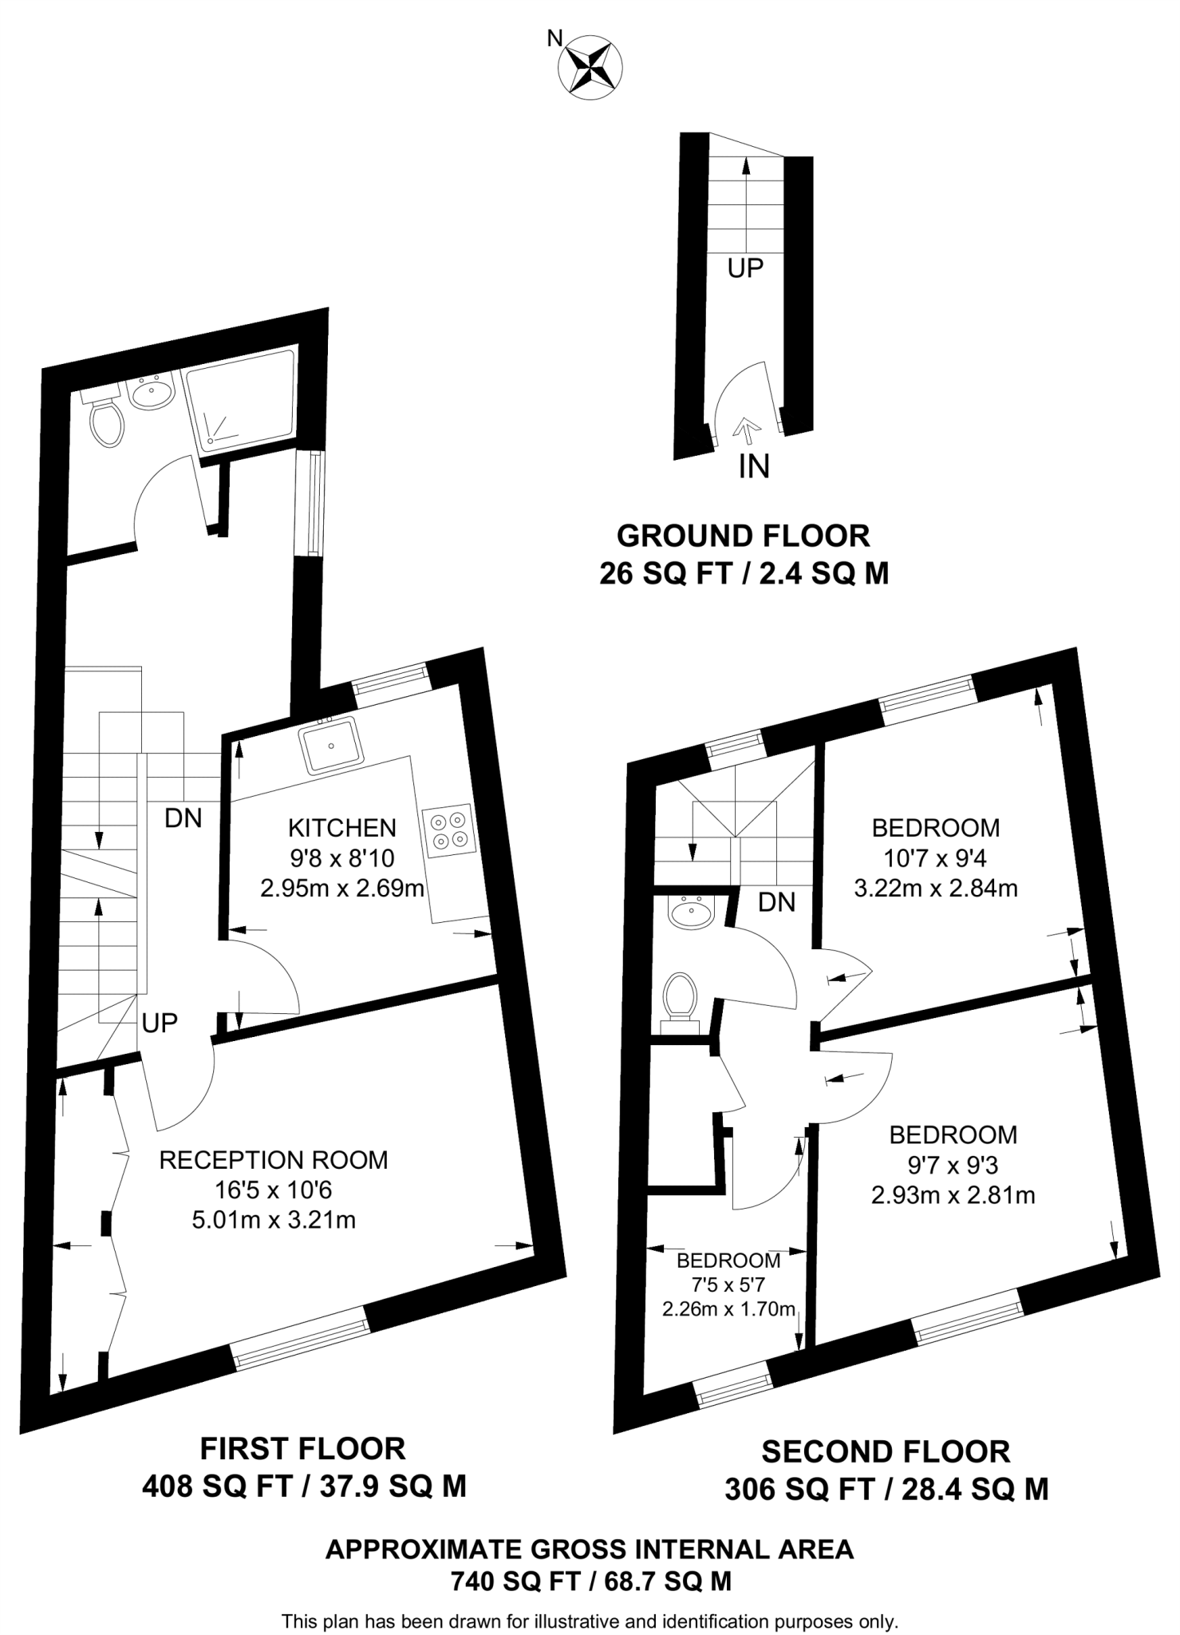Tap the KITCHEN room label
coord(341,827)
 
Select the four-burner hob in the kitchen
coord(448,831)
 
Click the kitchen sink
coord(330,745)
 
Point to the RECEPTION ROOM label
coord(274,1159)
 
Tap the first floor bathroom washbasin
coord(151,393)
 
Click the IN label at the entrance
coord(753,466)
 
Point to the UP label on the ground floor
coord(745,269)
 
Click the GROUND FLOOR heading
coord(743,536)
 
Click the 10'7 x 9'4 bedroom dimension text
coord(935,858)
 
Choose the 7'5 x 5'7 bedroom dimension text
coord(728,1285)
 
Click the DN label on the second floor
coord(776,902)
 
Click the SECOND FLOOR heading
coord(886,1451)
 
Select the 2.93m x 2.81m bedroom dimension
coord(953,1195)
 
